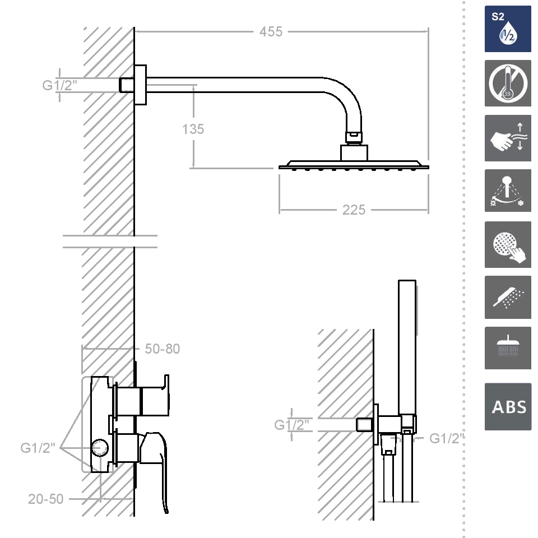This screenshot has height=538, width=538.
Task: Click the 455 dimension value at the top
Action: (271, 31)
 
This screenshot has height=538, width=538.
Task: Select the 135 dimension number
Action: (193, 129)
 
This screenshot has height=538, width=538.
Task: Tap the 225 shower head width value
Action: (354, 210)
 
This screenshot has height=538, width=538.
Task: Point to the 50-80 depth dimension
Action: (163, 349)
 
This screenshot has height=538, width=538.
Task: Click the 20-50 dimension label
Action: (45, 499)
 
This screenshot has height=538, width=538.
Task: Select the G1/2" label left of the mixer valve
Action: (38, 448)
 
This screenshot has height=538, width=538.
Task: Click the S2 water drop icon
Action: (508, 29)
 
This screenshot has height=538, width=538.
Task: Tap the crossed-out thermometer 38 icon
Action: (508, 84)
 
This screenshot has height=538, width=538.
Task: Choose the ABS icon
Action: (508, 407)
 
